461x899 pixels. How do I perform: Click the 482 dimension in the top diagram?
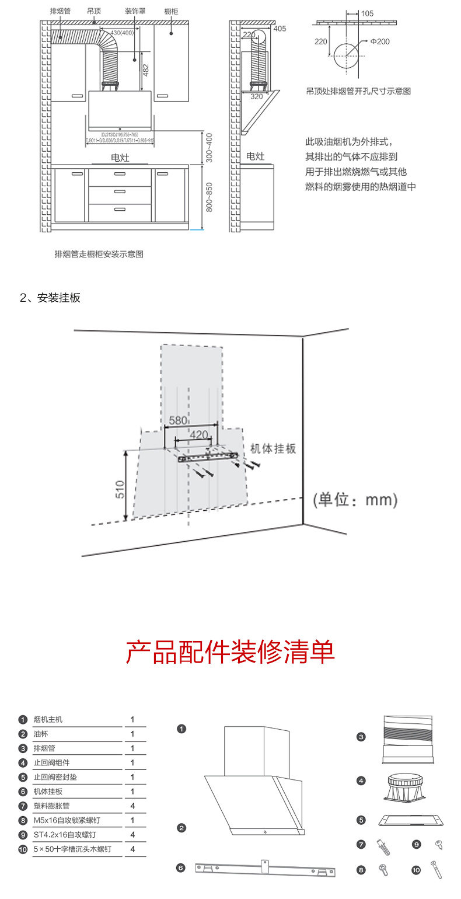pyautogui.click(x=146, y=69)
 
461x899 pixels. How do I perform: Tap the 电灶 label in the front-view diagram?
pyautogui.click(x=120, y=158)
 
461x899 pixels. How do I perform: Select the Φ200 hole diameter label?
pyautogui.click(x=379, y=42)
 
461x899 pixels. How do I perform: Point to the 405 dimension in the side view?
pyautogui.click(x=280, y=28)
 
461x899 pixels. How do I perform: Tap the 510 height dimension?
pyautogui.click(x=120, y=489)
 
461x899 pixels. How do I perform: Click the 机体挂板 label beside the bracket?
pyautogui.click(x=273, y=448)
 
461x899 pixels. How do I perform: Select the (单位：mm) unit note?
pyautogui.click(x=355, y=500)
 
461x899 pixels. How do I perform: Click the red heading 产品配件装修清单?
pyautogui.click(x=230, y=651)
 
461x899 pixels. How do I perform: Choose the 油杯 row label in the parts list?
pyautogui.click(x=41, y=734)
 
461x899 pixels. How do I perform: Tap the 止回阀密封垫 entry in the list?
pyautogui.click(x=55, y=777)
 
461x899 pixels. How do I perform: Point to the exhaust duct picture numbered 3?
pyautogui.click(x=408, y=739)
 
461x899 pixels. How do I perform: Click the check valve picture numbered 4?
pyautogui.click(x=408, y=785)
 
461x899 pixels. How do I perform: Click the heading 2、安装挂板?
pyautogui.click(x=50, y=298)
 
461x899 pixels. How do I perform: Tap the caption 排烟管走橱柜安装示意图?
pyautogui.click(x=99, y=254)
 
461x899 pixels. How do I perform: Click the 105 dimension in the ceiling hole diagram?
pyautogui.click(x=367, y=13)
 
